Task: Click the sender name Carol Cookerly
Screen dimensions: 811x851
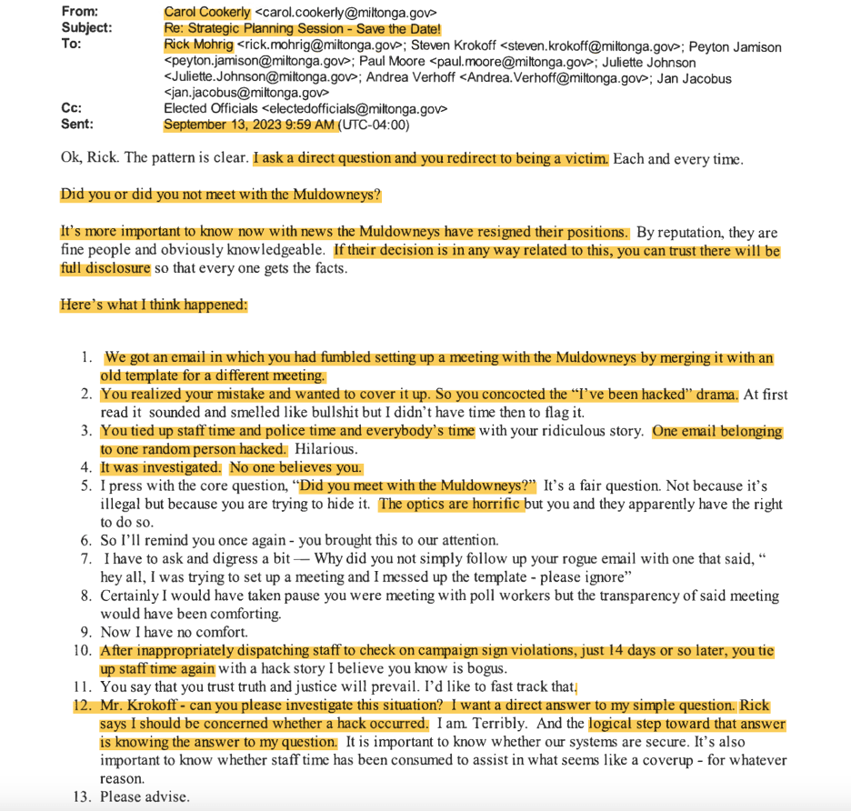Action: coord(207,13)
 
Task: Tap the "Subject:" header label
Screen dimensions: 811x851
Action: coord(86,28)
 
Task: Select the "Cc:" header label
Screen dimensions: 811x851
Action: coord(71,108)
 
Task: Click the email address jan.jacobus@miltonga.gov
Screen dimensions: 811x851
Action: coord(246,92)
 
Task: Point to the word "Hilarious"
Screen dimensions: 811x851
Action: coord(333,449)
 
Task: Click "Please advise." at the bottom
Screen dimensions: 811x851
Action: coord(145,796)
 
